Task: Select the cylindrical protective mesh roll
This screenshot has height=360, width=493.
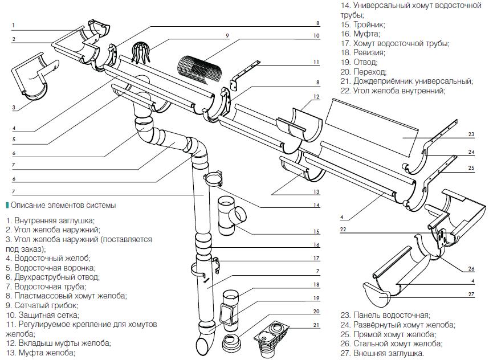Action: pos(199,71)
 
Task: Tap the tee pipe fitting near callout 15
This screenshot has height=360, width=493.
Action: pos(231,215)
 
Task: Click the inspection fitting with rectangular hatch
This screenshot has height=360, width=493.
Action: pos(230,311)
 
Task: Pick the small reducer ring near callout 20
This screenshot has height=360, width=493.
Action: pos(231,344)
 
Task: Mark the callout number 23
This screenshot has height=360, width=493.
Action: pos(471,134)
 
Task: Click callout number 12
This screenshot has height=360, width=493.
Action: pos(316,96)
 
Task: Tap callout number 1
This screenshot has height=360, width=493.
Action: pos(14,26)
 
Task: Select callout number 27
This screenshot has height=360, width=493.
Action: pos(471,294)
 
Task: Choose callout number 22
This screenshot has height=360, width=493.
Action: pos(343,230)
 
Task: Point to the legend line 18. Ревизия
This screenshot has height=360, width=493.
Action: pos(363,52)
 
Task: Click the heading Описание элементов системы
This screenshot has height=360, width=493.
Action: pos(63,205)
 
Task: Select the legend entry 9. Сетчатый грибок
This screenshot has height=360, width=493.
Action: pos(42,305)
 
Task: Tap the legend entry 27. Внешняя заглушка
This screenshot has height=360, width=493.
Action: pos(382,353)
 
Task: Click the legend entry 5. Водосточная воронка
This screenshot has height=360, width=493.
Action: pos(51,268)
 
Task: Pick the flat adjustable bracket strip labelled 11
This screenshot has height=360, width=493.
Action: pos(245,76)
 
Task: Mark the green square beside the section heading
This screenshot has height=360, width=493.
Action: pos(7,205)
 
